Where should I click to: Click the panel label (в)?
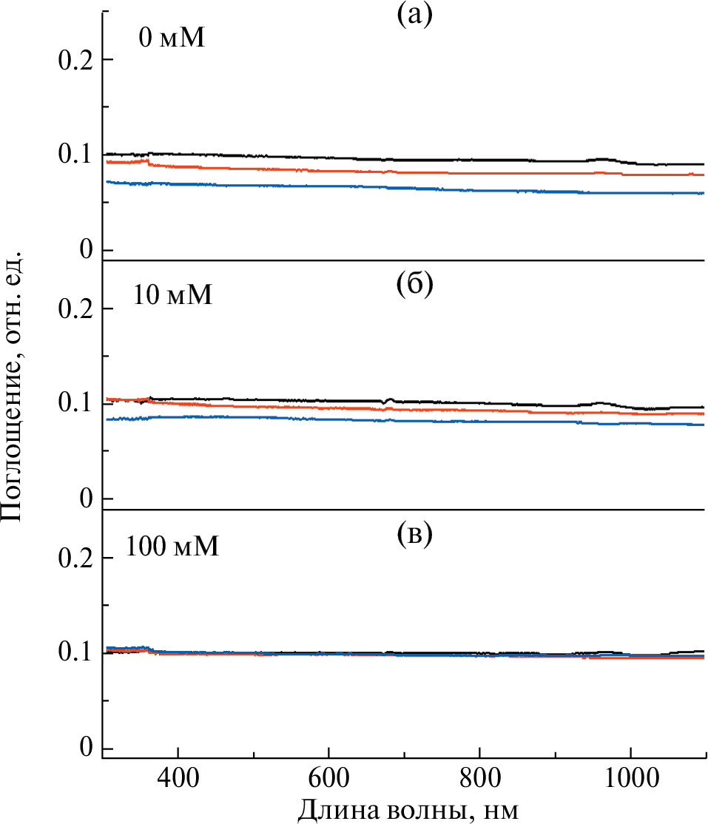tap(413, 535)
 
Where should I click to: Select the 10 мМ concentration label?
tap(173, 295)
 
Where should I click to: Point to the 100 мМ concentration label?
tap(172, 547)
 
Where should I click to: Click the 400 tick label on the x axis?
tap(178, 777)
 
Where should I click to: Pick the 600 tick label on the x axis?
tap(328, 777)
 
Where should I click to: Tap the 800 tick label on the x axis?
tap(479, 777)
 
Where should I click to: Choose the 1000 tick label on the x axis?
tap(630, 777)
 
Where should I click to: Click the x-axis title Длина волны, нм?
tap(408, 808)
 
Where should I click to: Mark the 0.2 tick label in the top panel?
tap(75, 59)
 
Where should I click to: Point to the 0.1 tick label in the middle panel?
tap(75, 404)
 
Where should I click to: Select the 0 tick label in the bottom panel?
tap(86, 749)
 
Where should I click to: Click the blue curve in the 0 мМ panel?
tap(370, 186)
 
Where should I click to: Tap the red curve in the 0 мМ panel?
tap(370, 169)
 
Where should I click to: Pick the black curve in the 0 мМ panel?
tap(370, 158)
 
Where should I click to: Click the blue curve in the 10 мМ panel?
tap(370, 418)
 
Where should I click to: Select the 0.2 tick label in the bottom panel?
tap(75, 558)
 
